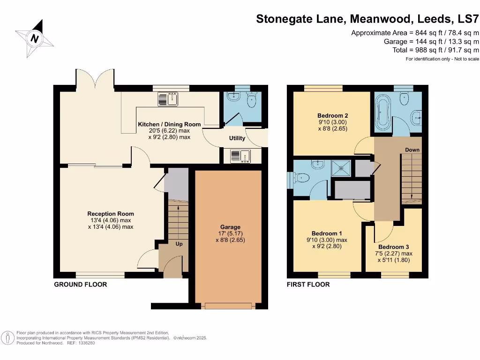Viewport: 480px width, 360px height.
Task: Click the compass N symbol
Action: coord(34,39)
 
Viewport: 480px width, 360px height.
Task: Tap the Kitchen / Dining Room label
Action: coord(169,124)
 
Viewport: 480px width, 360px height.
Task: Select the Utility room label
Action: coord(237,139)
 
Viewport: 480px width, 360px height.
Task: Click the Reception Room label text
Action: coord(111,214)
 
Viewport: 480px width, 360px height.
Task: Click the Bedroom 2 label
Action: coord(332,115)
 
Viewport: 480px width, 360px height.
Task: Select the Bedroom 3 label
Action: coord(394,247)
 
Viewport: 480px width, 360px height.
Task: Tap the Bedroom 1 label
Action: coord(327,233)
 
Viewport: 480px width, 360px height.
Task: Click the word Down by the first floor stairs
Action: coord(412,150)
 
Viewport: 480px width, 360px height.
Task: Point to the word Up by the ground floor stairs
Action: coord(179,244)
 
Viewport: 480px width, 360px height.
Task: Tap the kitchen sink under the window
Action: coord(168,99)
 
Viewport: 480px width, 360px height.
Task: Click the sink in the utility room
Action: coord(240,156)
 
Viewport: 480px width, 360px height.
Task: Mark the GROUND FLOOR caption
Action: coord(81,285)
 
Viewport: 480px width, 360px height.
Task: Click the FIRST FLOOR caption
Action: coord(308,285)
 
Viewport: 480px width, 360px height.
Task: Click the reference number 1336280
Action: coord(85,343)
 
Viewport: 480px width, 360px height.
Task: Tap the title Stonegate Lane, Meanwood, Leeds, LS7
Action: coord(367,19)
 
